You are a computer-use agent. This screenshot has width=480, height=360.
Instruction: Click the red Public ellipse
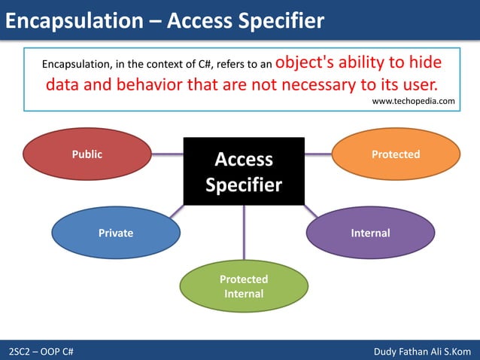87,155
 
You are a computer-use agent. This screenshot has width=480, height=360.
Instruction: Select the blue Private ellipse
116,233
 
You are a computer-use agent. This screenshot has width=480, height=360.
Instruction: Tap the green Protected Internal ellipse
244,286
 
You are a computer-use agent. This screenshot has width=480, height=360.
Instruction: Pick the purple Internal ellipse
370,233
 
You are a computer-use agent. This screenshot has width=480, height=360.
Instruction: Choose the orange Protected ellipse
396,154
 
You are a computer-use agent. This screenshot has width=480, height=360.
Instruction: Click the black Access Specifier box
244,172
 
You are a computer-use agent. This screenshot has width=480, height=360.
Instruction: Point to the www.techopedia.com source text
414,101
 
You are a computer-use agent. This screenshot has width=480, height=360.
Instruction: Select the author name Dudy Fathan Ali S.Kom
421,352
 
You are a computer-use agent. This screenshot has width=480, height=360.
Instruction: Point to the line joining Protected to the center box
318,154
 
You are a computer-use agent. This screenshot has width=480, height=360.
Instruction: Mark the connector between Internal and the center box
311,211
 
